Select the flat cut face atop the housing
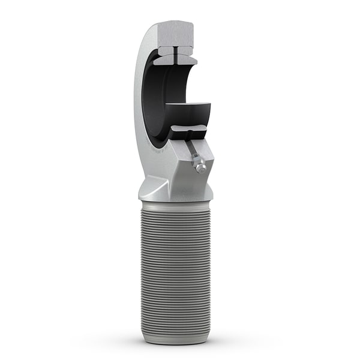tap(174, 36)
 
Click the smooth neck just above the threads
tap(177, 202)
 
